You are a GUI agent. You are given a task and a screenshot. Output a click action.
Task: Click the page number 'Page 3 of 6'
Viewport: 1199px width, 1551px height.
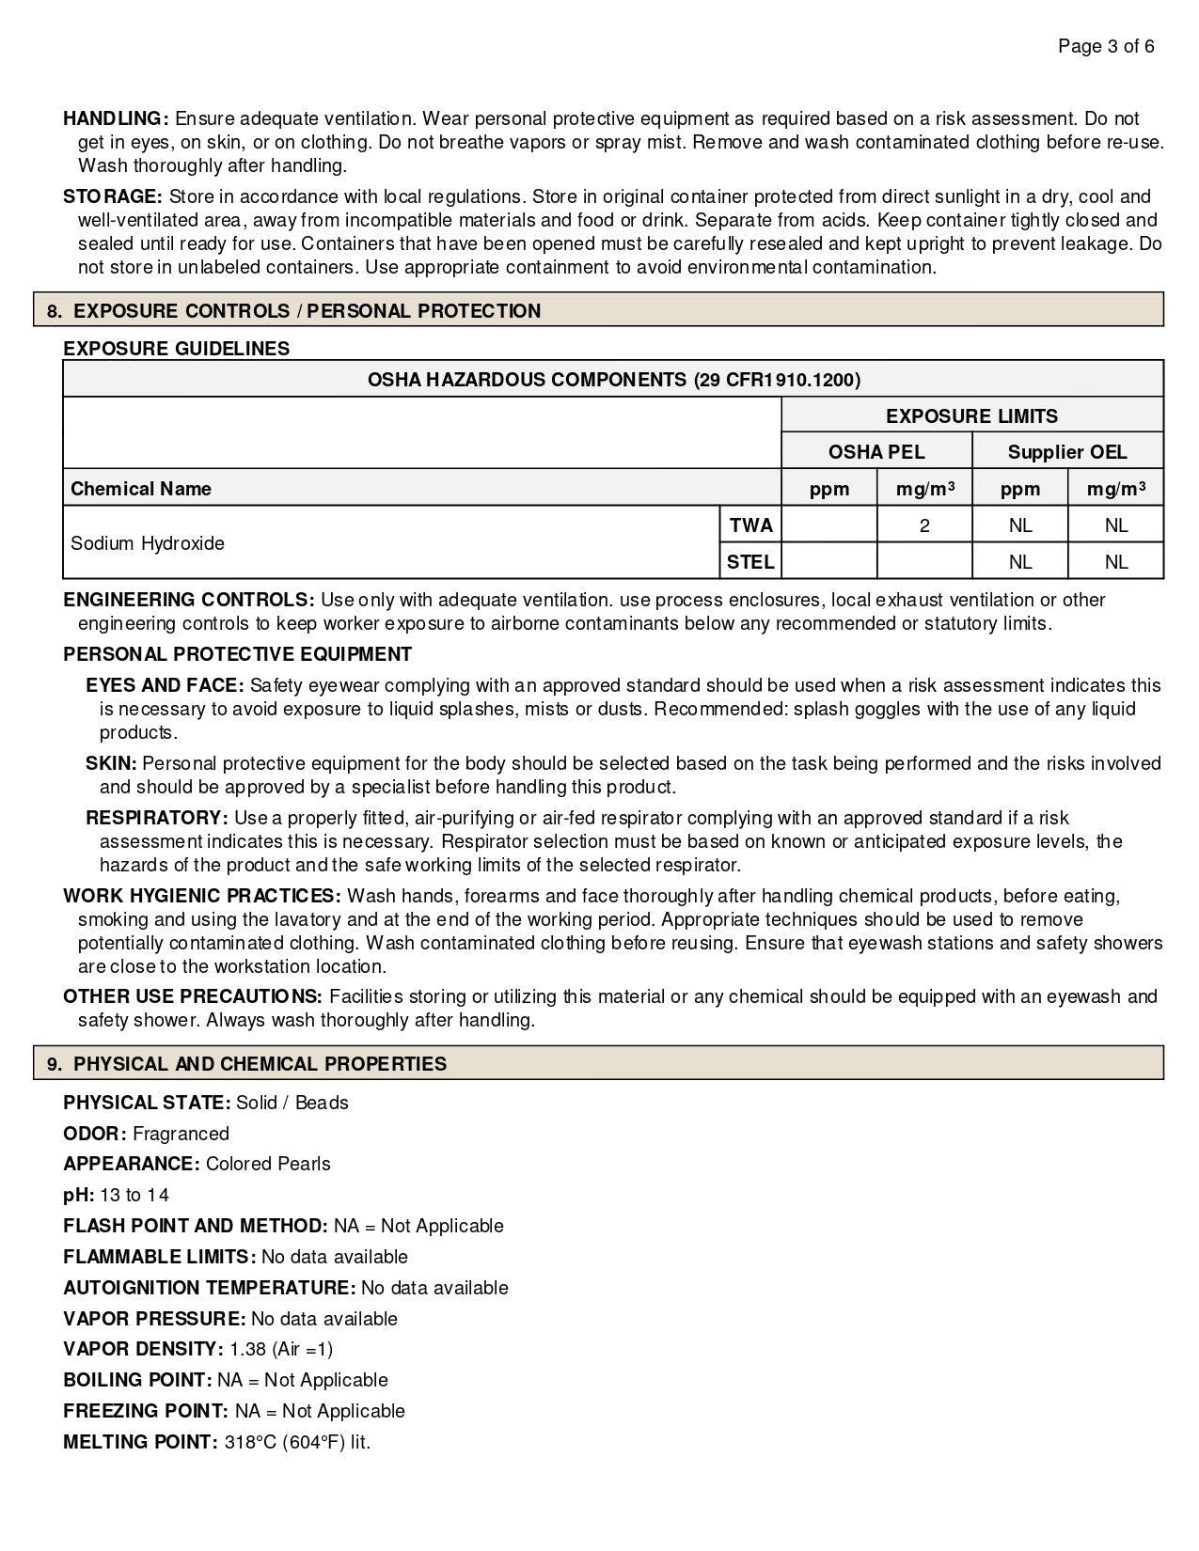(1106, 46)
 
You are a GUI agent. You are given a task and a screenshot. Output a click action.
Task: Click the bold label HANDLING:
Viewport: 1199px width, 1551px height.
(116, 118)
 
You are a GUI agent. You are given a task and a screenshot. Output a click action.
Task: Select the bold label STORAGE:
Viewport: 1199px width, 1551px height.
(113, 196)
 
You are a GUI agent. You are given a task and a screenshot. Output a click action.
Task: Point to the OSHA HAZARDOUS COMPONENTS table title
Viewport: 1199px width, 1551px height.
(613, 380)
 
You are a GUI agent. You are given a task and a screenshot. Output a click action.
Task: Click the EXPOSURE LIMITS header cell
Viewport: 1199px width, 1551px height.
(971, 415)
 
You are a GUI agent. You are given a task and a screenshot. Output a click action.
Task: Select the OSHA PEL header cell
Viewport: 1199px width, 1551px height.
(876, 452)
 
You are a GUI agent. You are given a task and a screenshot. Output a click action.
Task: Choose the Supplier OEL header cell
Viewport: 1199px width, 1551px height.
(1066, 452)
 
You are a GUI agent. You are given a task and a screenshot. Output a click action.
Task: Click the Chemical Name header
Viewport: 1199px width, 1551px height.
(141, 489)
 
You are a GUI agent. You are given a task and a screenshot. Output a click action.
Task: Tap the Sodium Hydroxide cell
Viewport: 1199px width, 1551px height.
(148, 543)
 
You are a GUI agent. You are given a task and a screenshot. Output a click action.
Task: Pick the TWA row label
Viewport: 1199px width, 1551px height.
(750, 525)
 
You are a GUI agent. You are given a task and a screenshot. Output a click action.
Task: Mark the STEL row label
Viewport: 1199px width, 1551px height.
(750, 562)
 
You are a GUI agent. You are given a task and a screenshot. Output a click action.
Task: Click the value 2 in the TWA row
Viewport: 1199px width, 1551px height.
(924, 525)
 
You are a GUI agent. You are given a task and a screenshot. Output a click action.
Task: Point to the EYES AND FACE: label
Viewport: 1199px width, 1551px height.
(165, 685)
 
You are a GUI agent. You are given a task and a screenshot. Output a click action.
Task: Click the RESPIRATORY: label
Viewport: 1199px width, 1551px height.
(157, 818)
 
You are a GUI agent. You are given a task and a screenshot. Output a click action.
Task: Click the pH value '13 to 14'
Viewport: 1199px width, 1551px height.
(134, 1195)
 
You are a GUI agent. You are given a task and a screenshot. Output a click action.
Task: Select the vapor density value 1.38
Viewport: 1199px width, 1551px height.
(248, 1349)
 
